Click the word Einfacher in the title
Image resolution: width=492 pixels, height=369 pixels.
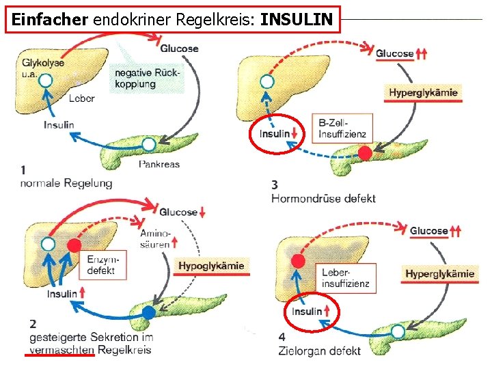pyautogui.click(x=50, y=20)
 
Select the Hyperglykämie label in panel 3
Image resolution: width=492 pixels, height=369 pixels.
pyautogui.click(x=424, y=92)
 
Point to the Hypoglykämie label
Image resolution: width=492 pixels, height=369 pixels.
pyautogui.click(x=211, y=266)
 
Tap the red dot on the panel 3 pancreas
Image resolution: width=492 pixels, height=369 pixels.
pyautogui.click(x=366, y=153)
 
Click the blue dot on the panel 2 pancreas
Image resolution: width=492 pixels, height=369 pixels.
pyautogui.click(x=149, y=314)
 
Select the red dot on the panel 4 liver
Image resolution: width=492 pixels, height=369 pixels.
pyautogui.click(x=297, y=260)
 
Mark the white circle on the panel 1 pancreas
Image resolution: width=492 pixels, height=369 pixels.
pyautogui.click(x=149, y=144)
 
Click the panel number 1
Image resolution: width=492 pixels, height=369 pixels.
pyautogui.click(x=24, y=169)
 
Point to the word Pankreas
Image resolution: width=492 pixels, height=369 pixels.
pyautogui.click(x=159, y=164)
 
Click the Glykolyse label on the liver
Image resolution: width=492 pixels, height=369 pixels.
pyautogui.click(x=43, y=63)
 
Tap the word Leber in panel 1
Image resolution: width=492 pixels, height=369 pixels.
pyautogui.click(x=82, y=98)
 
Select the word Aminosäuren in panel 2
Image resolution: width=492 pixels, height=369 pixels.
pyautogui.click(x=155, y=238)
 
